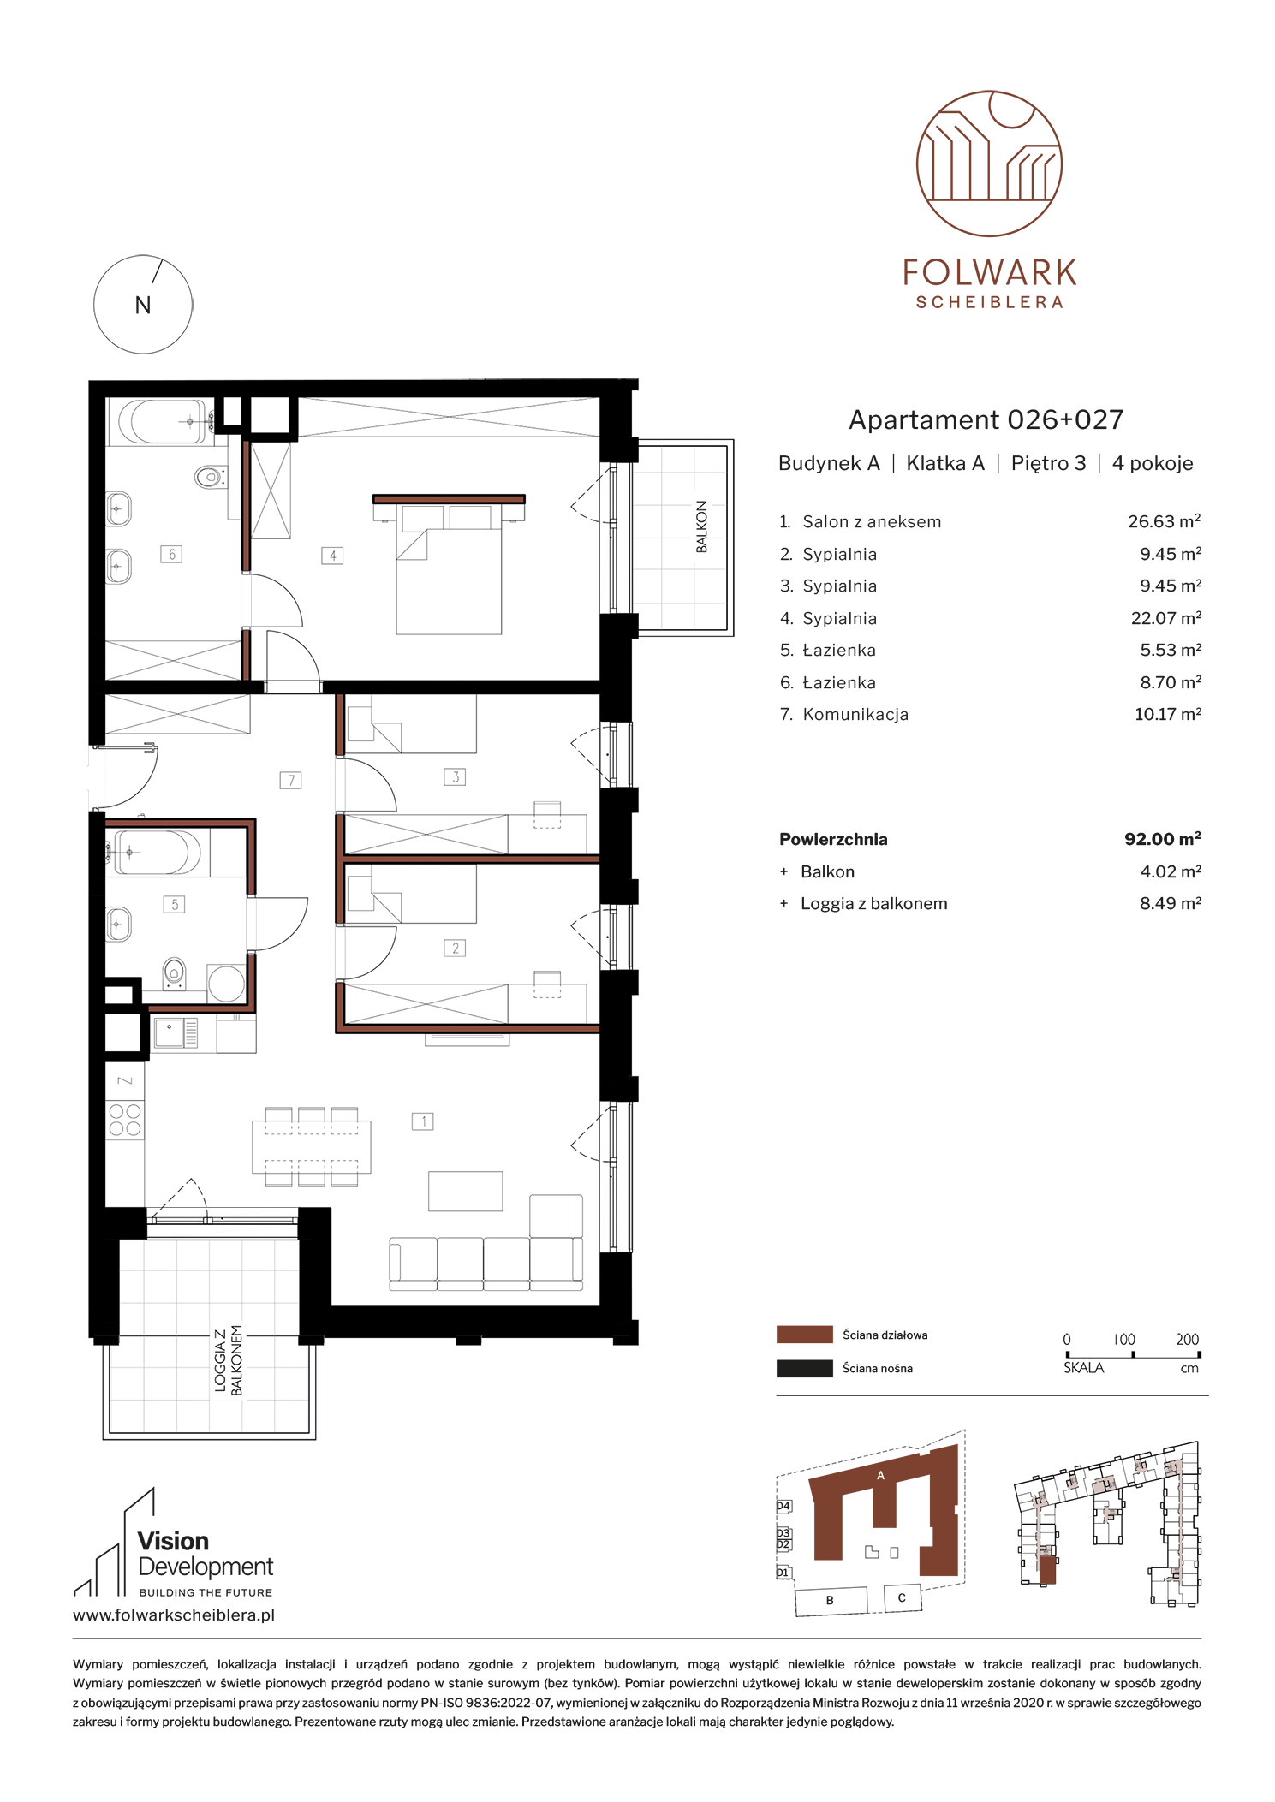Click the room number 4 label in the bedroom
(332, 556)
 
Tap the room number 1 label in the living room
(423, 1121)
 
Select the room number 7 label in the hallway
(291, 780)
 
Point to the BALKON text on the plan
(702, 526)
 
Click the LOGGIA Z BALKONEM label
(229, 1360)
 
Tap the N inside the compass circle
(143, 306)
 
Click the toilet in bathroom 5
(174, 973)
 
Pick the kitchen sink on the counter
(170, 1032)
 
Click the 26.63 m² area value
(1165, 521)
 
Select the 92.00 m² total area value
(1163, 839)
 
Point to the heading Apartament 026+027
(986, 419)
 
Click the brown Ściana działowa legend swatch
(804, 1335)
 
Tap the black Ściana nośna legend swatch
(804, 1368)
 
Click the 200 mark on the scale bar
(1187, 1340)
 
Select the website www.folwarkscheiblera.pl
(174, 1615)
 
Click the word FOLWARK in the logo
(990, 273)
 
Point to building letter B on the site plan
(830, 1600)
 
